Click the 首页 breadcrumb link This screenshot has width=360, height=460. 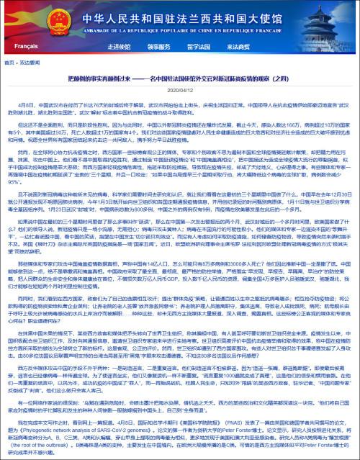coord(9,63)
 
